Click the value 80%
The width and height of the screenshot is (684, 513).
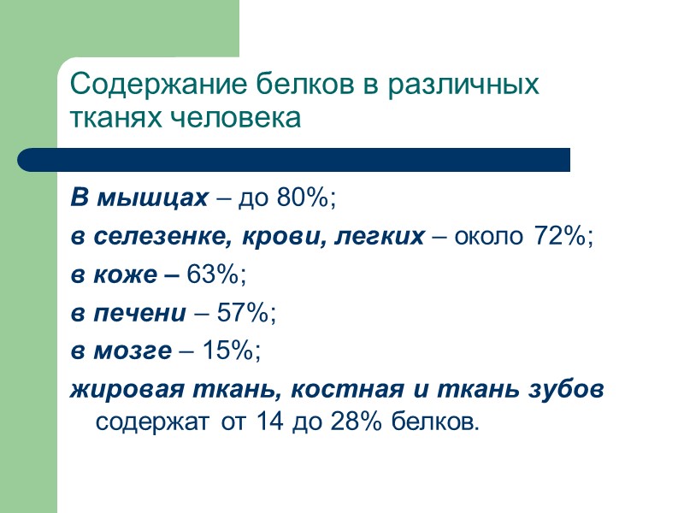(304, 199)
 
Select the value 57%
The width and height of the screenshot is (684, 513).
(247, 314)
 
